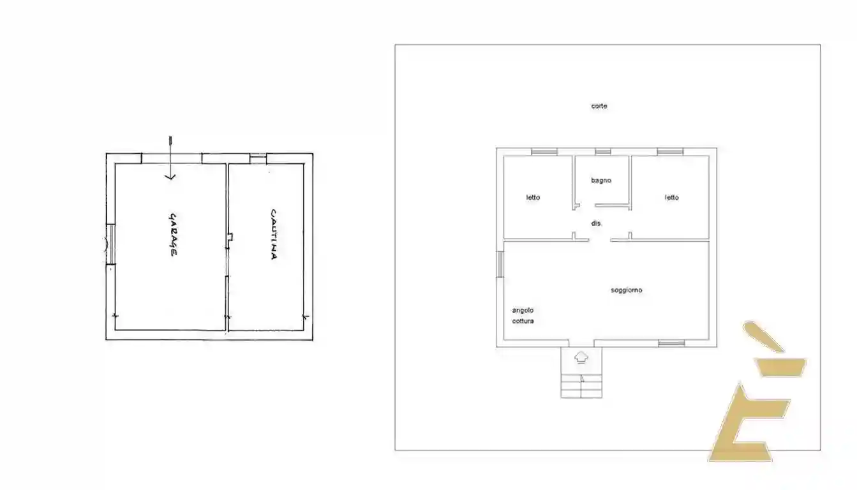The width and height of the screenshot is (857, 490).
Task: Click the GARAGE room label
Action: (172, 235)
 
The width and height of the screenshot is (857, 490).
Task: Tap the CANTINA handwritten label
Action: (273, 234)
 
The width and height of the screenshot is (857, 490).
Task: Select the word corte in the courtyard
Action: (599, 106)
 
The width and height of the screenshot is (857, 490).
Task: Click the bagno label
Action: (601, 180)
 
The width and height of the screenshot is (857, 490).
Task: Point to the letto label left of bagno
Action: (533, 197)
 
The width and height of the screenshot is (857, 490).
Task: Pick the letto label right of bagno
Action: (672, 197)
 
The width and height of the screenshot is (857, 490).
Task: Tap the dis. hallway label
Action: (597, 223)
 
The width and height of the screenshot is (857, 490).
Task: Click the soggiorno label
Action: (626, 290)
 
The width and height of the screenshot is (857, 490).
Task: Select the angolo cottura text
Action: (523, 316)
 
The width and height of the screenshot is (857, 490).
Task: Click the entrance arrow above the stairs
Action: (581, 357)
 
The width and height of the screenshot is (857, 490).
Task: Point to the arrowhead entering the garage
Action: (170, 177)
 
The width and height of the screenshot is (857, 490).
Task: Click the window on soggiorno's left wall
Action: (500, 264)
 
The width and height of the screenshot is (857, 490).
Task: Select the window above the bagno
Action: (602, 152)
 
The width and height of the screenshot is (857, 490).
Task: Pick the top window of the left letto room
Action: (544, 152)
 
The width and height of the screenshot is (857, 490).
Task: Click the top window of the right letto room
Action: (670, 152)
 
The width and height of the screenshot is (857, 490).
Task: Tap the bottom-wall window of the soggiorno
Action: (671, 343)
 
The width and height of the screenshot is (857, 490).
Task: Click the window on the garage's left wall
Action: (110, 244)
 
